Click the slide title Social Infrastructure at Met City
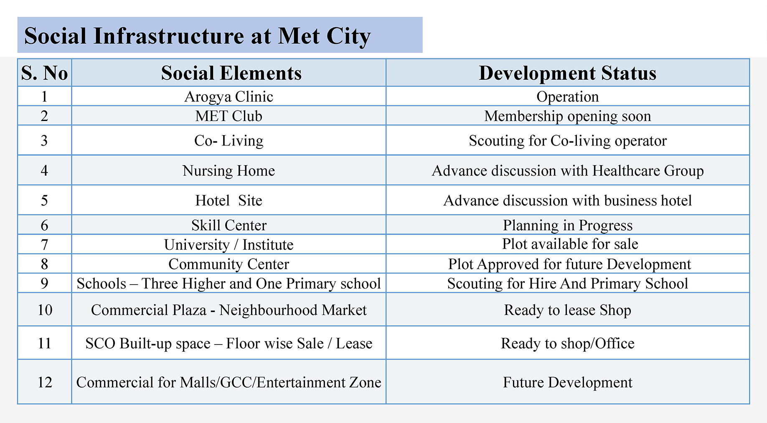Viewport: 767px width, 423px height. (197, 35)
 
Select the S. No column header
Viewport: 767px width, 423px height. (44, 73)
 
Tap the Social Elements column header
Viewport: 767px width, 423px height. (231, 73)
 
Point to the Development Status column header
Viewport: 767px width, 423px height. (567, 73)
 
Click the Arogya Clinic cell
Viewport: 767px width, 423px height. (229, 96)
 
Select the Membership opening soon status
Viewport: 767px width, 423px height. (567, 116)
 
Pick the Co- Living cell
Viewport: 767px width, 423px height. (229, 141)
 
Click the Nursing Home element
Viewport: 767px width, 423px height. (229, 171)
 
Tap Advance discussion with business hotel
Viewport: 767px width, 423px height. (567, 201)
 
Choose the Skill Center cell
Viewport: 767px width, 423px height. (229, 225)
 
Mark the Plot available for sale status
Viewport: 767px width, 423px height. (570, 244)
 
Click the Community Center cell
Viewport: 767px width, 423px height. (229, 264)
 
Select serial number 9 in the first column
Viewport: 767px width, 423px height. (44, 284)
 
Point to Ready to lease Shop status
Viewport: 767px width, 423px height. (567, 310)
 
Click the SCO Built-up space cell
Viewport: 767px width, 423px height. (229, 343)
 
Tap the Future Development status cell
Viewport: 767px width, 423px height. (567, 382)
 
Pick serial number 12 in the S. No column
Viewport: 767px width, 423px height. (45, 382)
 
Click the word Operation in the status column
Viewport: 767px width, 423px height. (567, 96)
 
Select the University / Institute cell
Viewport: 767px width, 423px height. (229, 244)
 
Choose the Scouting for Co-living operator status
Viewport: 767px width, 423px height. (567, 141)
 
